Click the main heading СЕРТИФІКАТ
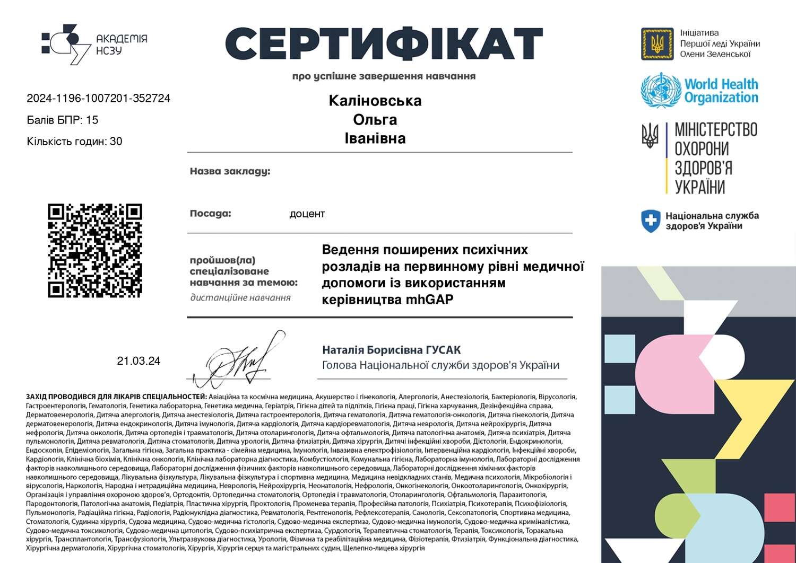pyautogui.click(x=384, y=43)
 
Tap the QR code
pyautogui.click(x=95, y=250)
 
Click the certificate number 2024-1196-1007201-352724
pyautogui.click(x=99, y=98)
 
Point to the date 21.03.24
pyautogui.click(x=139, y=361)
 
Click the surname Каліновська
pyautogui.click(x=375, y=101)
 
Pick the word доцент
pyautogui.click(x=307, y=214)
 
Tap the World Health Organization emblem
pyautogui.click(x=660, y=90)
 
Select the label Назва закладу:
pyautogui.click(x=230, y=171)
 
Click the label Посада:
pyautogui.click(x=210, y=214)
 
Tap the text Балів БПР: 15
pyautogui.click(x=63, y=120)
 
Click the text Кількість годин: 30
pyautogui.click(x=74, y=142)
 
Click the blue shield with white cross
pyautogui.click(x=650, y=221)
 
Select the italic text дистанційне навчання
pyautogui.click(x=240, y=298)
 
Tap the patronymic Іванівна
pyautogui.click(x=375, y=138)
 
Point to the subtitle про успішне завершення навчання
pyautogui.click(x=384, y=76)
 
